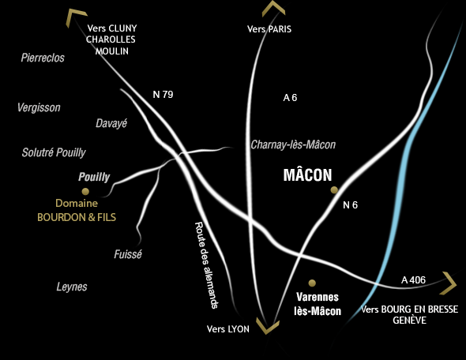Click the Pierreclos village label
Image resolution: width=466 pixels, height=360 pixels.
[43, 58]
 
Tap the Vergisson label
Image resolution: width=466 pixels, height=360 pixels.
[39, 107]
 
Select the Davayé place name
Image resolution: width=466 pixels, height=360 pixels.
[111, 123]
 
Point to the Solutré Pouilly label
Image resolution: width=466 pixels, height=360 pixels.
[54, 152]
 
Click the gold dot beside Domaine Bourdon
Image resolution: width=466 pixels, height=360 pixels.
[85, 191]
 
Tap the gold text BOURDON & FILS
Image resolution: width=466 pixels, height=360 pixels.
[77, 217]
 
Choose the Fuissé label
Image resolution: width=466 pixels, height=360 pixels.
[128, 254]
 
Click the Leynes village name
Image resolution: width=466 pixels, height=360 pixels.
[72, 287]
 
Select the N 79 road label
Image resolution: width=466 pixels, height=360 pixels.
[163, 95]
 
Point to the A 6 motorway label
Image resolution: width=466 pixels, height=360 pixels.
[290, 98]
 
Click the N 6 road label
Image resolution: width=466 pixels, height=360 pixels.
[350, 205]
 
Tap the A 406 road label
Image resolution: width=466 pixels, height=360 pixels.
[413, 279]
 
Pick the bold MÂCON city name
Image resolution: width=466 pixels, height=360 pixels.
[307, 175]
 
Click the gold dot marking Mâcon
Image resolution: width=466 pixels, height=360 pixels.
[334, 189]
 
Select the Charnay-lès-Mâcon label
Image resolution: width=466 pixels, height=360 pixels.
[293, 144]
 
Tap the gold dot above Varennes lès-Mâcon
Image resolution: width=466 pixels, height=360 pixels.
[312, 283]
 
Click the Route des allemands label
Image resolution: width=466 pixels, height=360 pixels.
[206, 265]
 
